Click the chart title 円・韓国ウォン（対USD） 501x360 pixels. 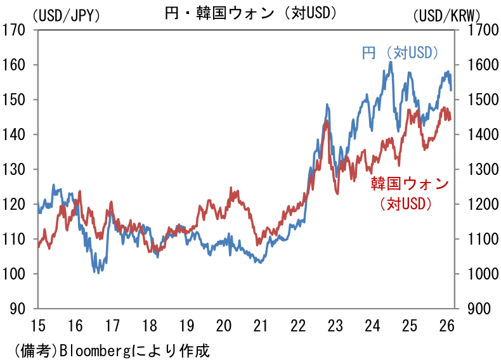coord(251,12)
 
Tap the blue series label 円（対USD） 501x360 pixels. coord(401,53)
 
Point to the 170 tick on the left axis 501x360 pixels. coord(15,30)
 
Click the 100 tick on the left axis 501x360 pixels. coord(15,274)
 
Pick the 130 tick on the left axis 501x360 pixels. coord(15,169)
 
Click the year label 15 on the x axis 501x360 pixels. coord(38,326)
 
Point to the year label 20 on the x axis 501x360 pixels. coord(224,326)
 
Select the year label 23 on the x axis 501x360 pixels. coord(335,326)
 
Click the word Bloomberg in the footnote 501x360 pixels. coord(94,349)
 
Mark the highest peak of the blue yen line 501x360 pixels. coord(390,62)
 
